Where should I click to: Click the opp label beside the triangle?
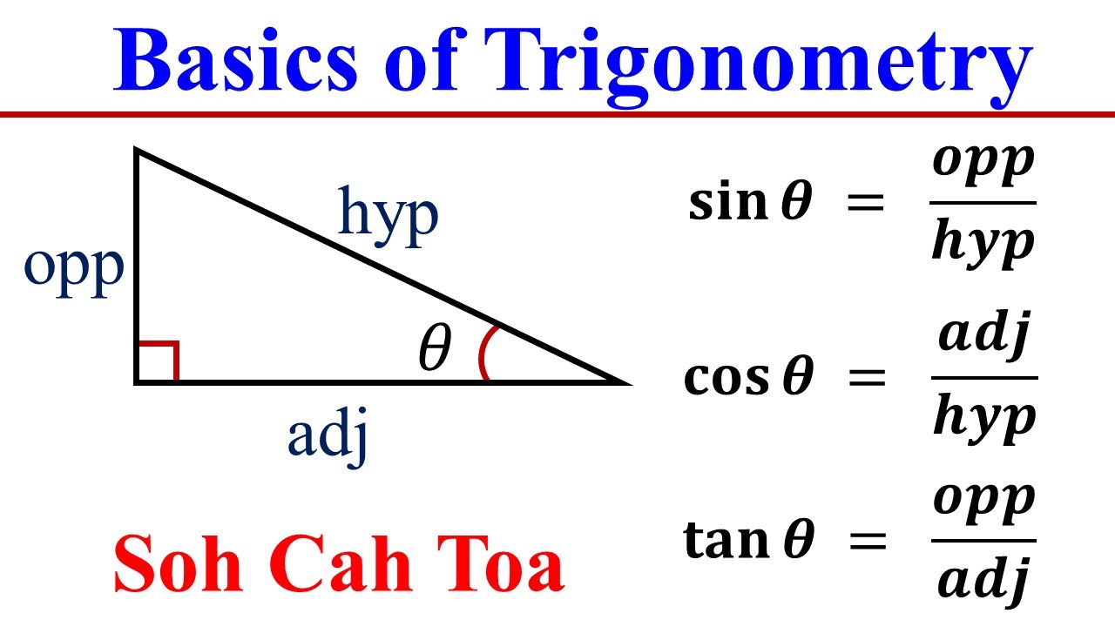click(x=74, y=271)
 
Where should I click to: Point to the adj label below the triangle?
click(x=328, y=435)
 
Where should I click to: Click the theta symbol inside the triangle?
click(x=435, y=350)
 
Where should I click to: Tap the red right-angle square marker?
click(x=159, y=361)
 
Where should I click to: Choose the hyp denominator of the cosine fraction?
click(x=983, y=417)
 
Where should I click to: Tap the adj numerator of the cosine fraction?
click(x=983, y=335)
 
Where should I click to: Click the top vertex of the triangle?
click(x=137, y=151)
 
